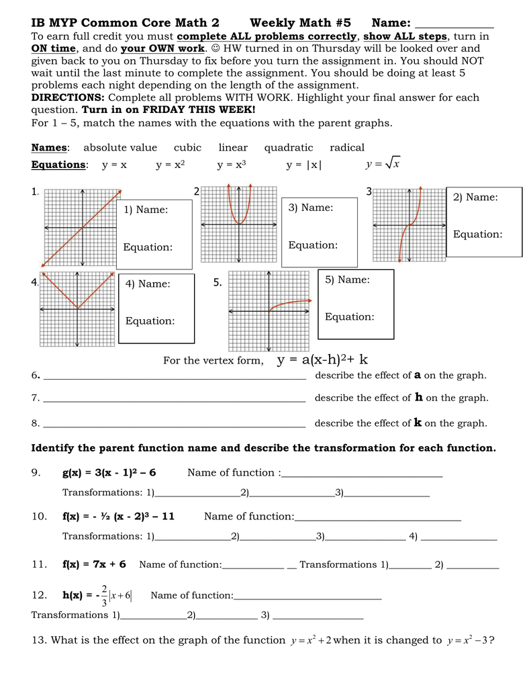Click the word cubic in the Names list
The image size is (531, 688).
pos(187,148)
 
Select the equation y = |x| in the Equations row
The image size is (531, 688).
pos(303,165)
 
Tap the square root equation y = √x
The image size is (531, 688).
pos(383,164)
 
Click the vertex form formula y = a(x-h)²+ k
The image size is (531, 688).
pos(322,360)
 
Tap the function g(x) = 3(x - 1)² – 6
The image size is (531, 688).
pos(109,472)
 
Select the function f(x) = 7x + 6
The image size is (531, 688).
pos(94,564)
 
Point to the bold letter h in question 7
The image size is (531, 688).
pos(419,398)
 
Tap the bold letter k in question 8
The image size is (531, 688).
pos(418,423)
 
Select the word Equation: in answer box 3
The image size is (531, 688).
pos(313,245)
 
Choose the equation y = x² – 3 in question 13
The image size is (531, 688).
pos(467,640)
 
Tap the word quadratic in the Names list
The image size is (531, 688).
pos(289,148)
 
